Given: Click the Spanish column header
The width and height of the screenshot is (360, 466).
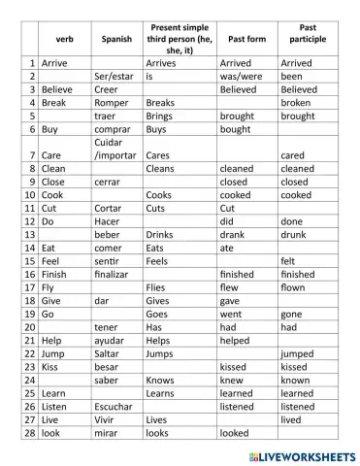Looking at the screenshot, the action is (x=117, y=40).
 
